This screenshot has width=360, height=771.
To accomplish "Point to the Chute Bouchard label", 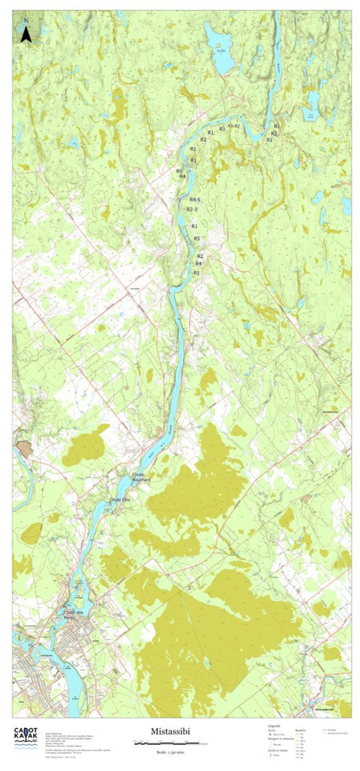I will tap(142, 477).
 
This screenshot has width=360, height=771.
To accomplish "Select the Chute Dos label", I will tap(120, 499).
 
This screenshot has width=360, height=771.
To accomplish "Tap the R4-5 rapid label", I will tap(195, 200).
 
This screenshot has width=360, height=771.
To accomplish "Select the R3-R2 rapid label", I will tap(233, 126).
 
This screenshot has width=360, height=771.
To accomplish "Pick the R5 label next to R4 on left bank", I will tap(179, 171).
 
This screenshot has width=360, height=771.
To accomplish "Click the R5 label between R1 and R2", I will tap(196, 238).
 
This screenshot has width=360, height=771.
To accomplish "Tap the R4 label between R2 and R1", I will tap(199, 264).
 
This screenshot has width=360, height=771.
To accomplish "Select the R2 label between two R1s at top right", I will tap(274, 133).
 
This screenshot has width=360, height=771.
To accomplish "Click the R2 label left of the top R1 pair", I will tap(203, 139).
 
